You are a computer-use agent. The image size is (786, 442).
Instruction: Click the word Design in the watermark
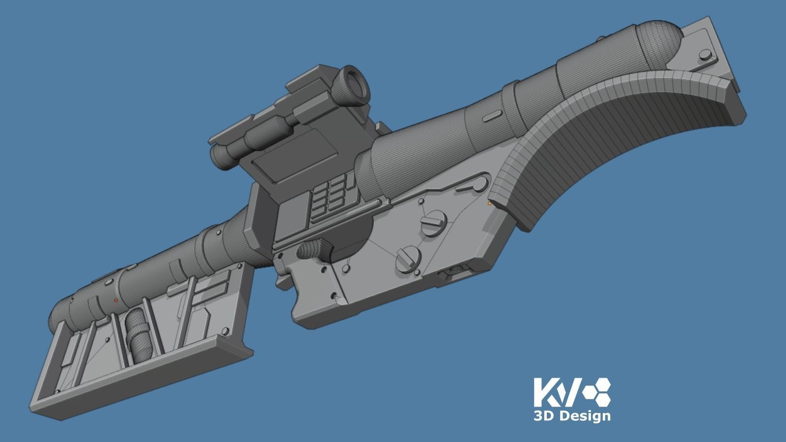pyautogui.click(x=585, y=416)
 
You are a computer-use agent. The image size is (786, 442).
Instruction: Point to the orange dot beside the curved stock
pyautogui.click(x=489, y=202)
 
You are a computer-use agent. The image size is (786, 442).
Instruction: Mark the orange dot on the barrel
pyautogui.click(x=116, y=300)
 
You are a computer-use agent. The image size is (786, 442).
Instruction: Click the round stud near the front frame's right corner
pyautogui.click(x=225, y=331)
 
